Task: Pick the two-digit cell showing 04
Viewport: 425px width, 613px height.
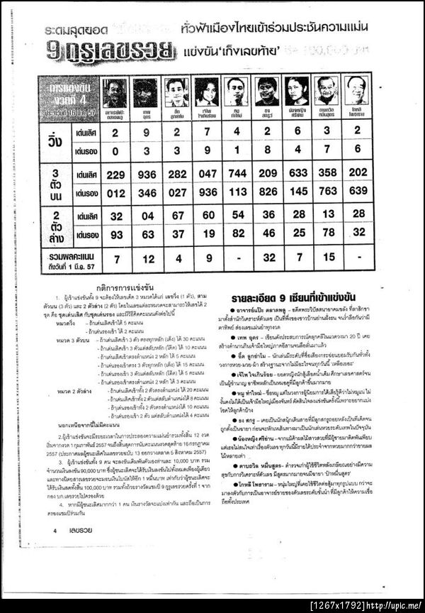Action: pos(147,216)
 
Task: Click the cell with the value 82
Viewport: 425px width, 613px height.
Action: pos(238,234)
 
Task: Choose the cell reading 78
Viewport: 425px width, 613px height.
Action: pos(328,234)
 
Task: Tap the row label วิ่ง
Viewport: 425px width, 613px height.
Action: pos(55,140)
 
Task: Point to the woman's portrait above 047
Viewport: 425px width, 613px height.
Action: pos(206,92)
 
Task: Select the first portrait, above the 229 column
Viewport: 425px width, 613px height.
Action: pos(115,92)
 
